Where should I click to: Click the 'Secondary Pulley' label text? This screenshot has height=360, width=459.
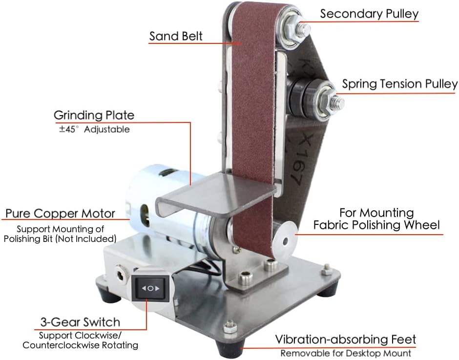[369, 14]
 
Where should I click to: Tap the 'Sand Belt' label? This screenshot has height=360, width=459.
[176, 36]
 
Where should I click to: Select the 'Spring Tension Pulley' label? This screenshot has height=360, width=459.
[399, 84]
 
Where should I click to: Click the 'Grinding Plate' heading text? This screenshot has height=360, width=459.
[94, 115]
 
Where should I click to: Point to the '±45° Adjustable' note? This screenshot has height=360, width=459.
[94, 129]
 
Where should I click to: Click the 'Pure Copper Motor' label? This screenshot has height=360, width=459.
[60, 214]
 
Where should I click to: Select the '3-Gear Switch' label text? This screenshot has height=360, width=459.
[80, 322]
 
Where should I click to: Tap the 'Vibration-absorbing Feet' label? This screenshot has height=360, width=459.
[345, 340]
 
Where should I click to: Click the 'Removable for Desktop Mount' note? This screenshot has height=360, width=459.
[346, 353]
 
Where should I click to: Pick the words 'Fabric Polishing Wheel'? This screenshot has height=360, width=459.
[376, 225]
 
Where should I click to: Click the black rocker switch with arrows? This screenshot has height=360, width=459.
[150, 288]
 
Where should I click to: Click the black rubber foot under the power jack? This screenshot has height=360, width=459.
[111, 295]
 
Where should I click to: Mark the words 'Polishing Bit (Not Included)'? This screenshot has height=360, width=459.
[60, 239]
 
